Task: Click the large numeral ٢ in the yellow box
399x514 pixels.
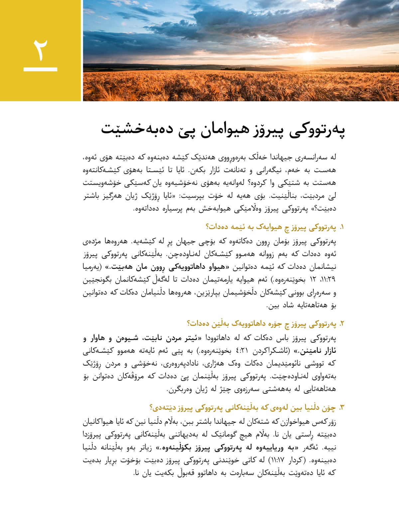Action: pos(40,50)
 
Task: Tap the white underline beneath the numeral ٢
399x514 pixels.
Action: pos(40,69)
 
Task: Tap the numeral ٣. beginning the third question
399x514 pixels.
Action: pos(341,408)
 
